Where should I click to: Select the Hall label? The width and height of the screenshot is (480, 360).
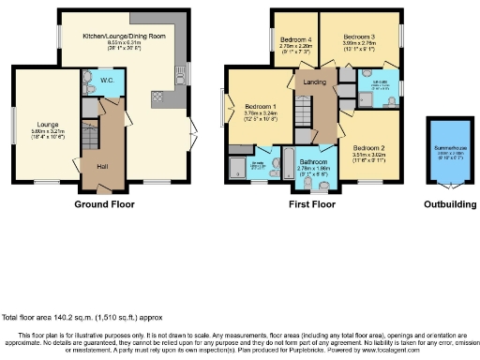[102, 166]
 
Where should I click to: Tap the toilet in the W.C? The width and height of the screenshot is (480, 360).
[89, 78]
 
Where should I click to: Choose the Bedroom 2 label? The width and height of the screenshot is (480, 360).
[369, 148]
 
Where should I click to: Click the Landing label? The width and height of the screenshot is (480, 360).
[314, 83]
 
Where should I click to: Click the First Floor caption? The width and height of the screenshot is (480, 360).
[311, 203]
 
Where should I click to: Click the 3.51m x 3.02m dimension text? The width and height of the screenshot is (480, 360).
[369, 156]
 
